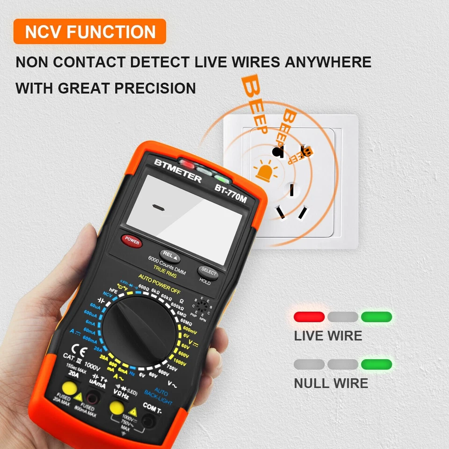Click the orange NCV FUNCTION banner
point(90,31)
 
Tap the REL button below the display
point(170,255)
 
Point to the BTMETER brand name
point(178,170)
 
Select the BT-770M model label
point(231,193)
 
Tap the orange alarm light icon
point(265,171)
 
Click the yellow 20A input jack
point(70,388)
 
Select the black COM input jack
point(149,420)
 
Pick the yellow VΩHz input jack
point(116,407)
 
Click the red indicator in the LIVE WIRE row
point(309,317)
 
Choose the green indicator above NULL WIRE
point(376,364)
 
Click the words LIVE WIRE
point(328,336)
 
